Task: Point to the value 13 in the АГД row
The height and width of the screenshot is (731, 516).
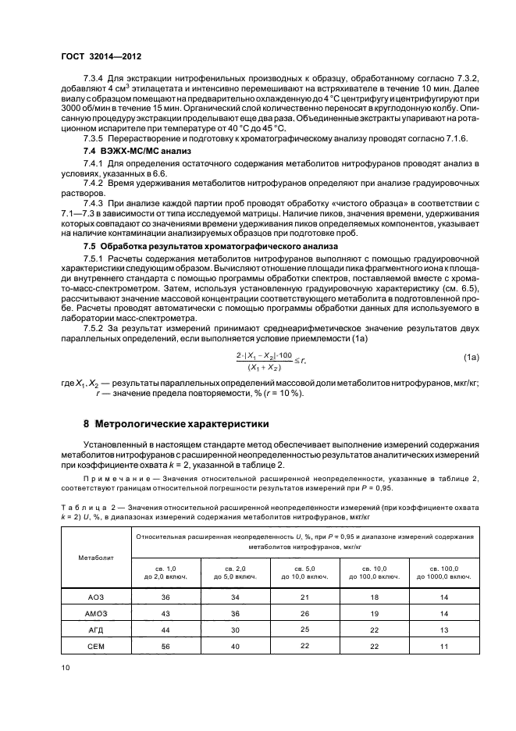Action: (x=443, y=629)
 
